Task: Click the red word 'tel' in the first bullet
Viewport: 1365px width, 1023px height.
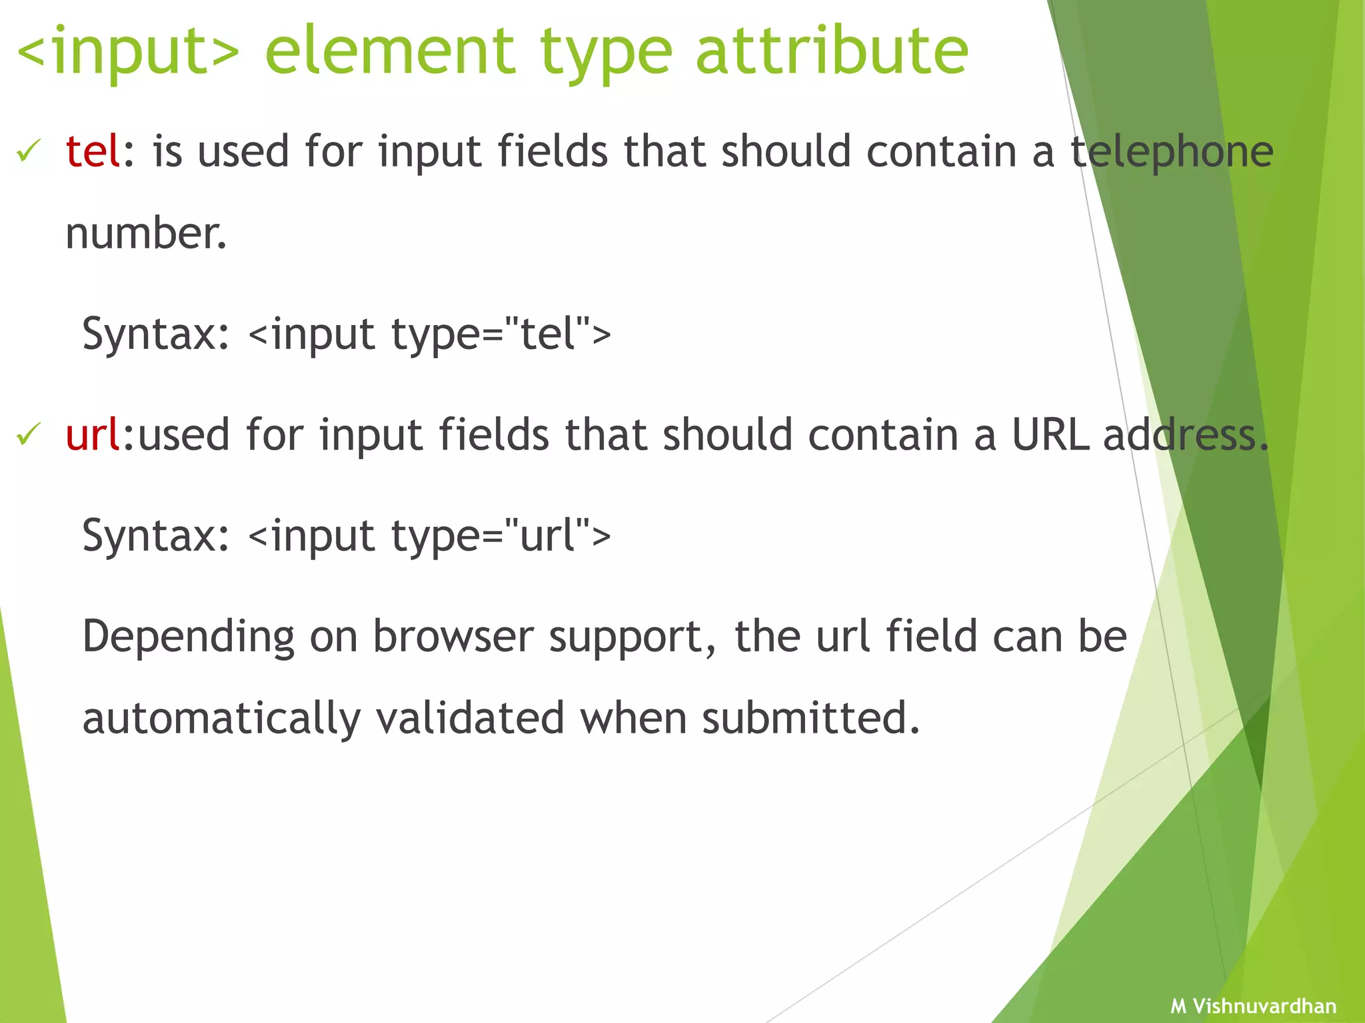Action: [x=92, y=151]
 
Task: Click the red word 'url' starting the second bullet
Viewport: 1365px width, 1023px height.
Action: [x=92, y=435]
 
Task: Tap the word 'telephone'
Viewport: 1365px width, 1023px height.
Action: [x=1172, y=153]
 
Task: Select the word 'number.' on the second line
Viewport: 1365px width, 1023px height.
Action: [x=146, y=234]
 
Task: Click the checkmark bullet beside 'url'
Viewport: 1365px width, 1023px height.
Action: [x=29, y=434]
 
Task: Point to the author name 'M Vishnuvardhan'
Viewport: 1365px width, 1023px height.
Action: [x=1253, y=1006]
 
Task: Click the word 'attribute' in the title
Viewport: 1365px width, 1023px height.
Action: [x=831, y=51]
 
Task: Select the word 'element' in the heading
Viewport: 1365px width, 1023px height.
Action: [x=390, y=51]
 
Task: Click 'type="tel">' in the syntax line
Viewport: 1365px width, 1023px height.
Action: [x=500, y=334]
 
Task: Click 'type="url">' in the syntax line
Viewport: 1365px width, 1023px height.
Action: [x=500, y=536]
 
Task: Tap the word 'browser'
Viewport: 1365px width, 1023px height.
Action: [x=453, y=636]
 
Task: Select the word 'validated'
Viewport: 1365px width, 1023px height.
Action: [x=470, y=718]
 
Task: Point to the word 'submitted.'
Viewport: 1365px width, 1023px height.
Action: [x=810, y=718]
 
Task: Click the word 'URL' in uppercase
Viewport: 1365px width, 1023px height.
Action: [x=1050, y=435]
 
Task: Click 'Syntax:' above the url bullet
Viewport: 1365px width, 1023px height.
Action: [x=155, y=334]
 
